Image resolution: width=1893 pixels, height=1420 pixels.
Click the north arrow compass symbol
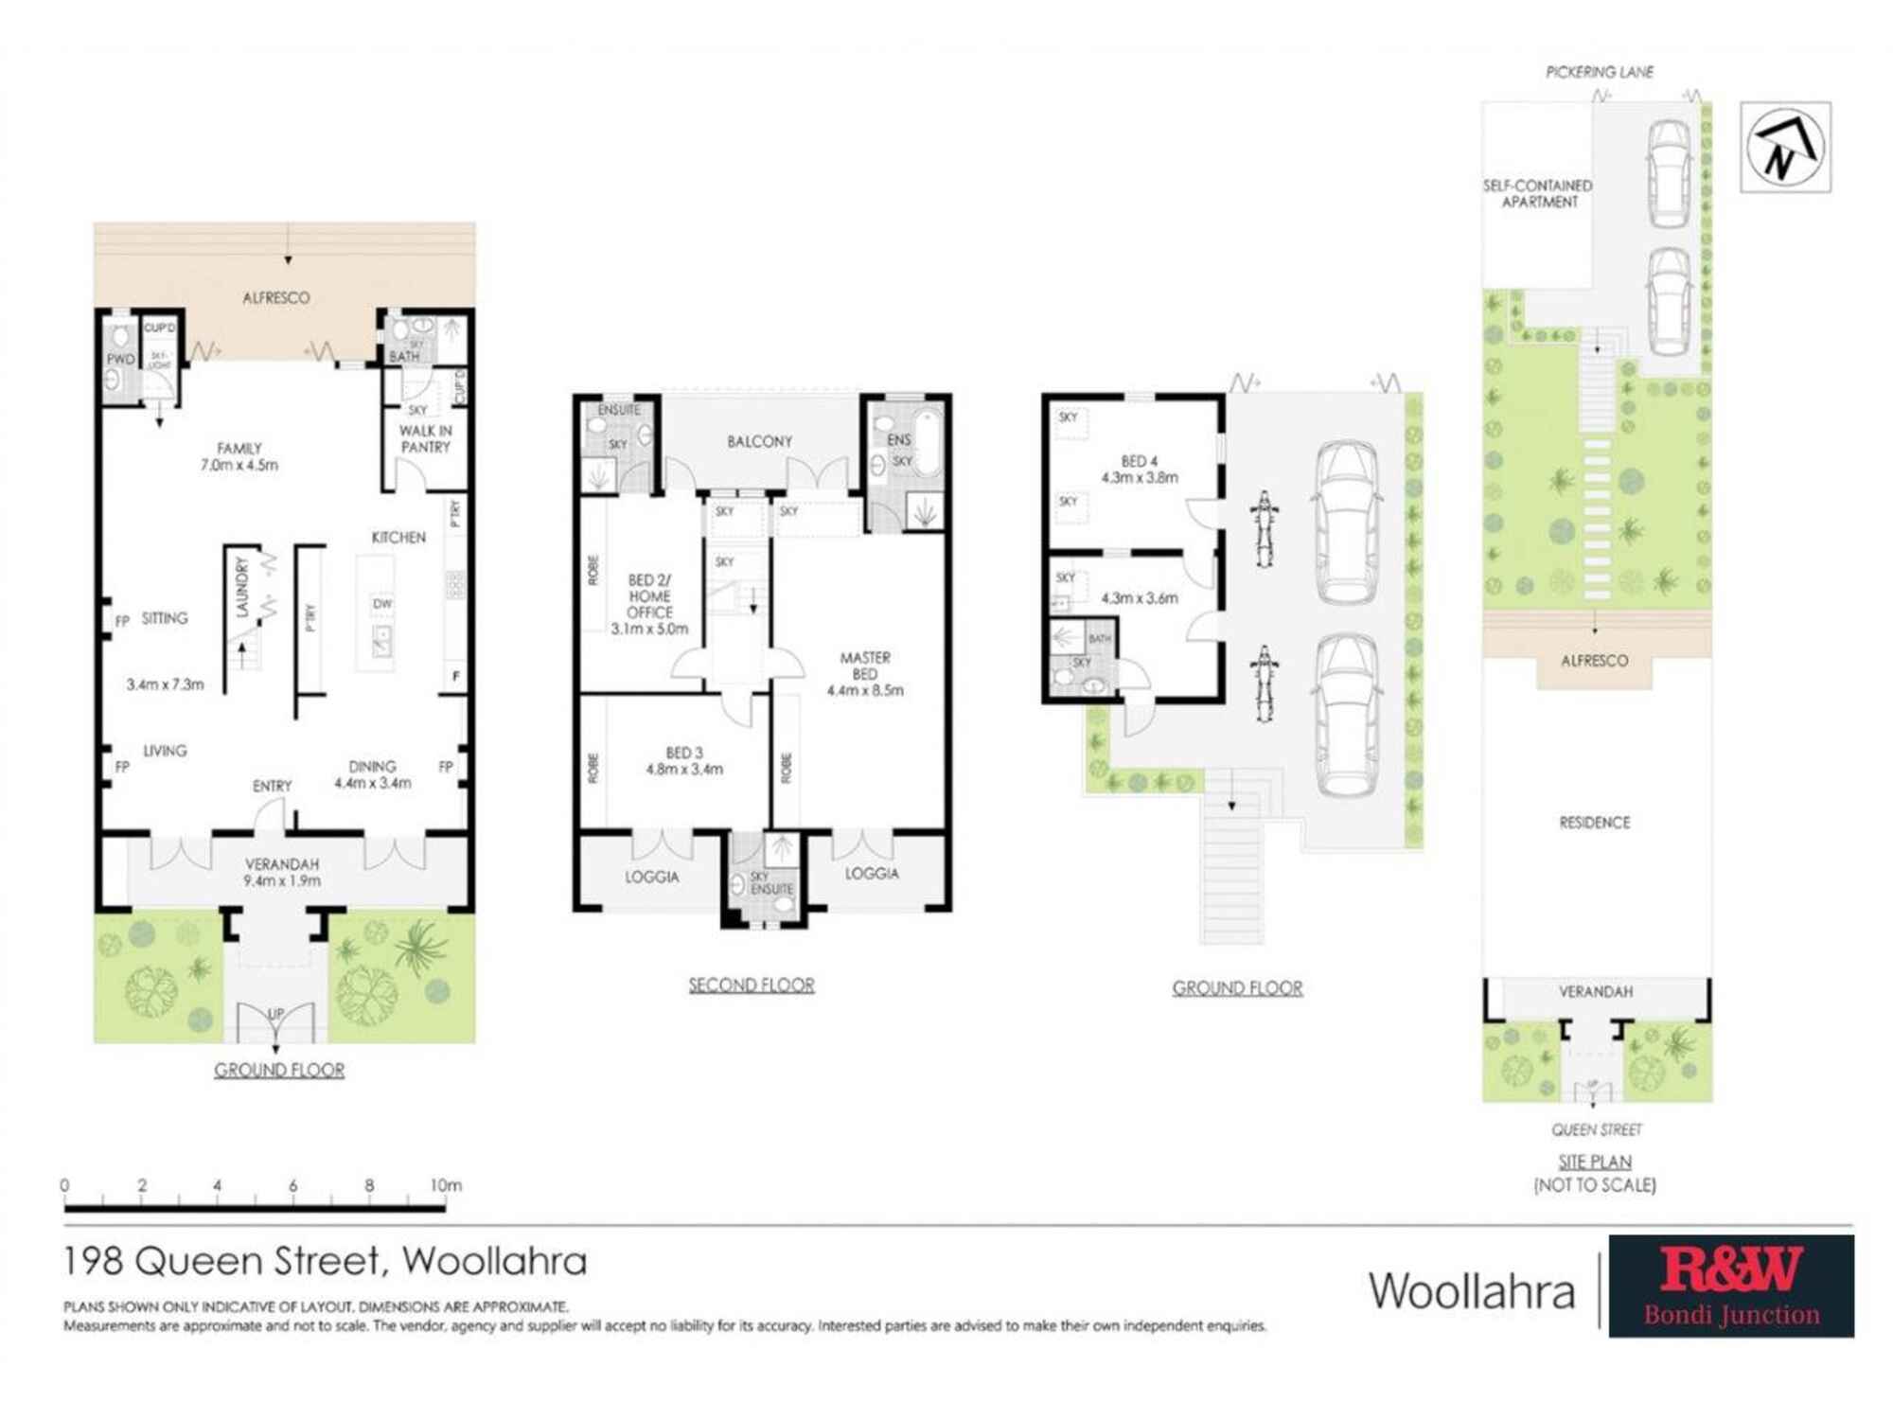tap(1785, 148)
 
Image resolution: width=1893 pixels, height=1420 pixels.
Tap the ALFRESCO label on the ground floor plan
tap(275, 297)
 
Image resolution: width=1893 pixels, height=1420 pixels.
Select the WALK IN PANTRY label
tap(425, 438)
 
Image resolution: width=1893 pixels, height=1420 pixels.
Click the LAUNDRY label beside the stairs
tap(242, 587)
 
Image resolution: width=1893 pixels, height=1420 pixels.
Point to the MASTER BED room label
tap(864, 666)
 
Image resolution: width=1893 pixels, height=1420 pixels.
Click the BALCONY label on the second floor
tap(759, 441)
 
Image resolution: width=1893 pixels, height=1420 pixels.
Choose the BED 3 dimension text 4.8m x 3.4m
tap(684, 770)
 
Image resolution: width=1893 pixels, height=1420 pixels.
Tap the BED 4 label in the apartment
tap(1139, 461)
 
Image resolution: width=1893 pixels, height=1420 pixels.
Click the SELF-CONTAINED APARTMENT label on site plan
tap(1537, 193)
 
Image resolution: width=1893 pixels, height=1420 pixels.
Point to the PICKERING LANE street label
tap(1599, 72)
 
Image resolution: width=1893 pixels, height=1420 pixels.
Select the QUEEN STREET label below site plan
tap(1596, 1129)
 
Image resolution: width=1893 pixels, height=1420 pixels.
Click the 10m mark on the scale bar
tap(446, 1185)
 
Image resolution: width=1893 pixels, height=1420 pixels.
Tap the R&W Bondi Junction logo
tap(1730, 1286)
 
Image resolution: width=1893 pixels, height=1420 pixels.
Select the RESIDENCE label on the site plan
tap(1594, 823)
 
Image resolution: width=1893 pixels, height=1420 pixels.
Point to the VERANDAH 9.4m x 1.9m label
tap(282, 872)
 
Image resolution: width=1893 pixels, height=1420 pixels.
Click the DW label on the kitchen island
tap(382, 603)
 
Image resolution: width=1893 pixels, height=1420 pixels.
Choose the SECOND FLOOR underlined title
tap(751, 985)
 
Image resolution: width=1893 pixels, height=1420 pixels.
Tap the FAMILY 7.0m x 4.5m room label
tap(239, 456)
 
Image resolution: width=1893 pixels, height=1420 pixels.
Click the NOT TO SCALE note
tap(1594, 1185)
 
